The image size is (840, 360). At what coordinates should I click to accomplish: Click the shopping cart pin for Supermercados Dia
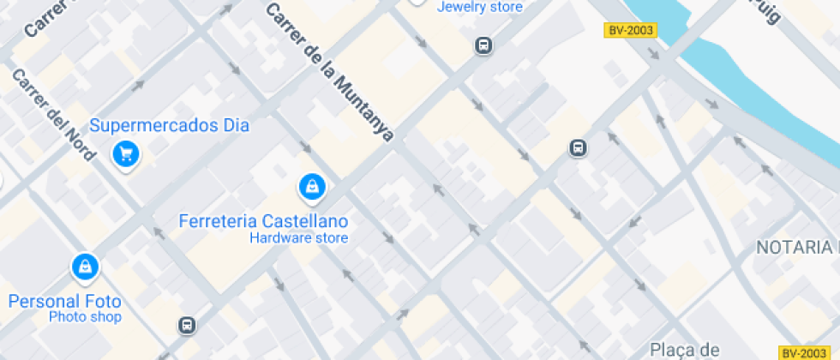127,153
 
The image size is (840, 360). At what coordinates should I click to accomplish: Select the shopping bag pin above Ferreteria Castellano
311,185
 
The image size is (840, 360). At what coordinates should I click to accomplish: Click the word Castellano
309,220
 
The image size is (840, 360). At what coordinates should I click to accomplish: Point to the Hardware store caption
298,237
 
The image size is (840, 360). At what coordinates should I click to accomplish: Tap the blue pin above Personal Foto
85,267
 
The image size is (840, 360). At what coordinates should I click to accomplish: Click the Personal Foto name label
65,301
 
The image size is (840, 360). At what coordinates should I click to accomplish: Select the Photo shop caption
85,317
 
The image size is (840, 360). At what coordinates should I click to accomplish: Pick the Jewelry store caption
479,7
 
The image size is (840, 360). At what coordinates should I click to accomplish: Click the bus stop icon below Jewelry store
484,45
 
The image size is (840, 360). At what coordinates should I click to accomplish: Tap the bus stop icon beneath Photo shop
187,325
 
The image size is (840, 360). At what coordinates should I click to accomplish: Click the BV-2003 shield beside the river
630,30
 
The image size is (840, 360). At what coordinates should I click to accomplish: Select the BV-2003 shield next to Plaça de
802,352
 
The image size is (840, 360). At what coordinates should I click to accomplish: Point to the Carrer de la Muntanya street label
329,72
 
